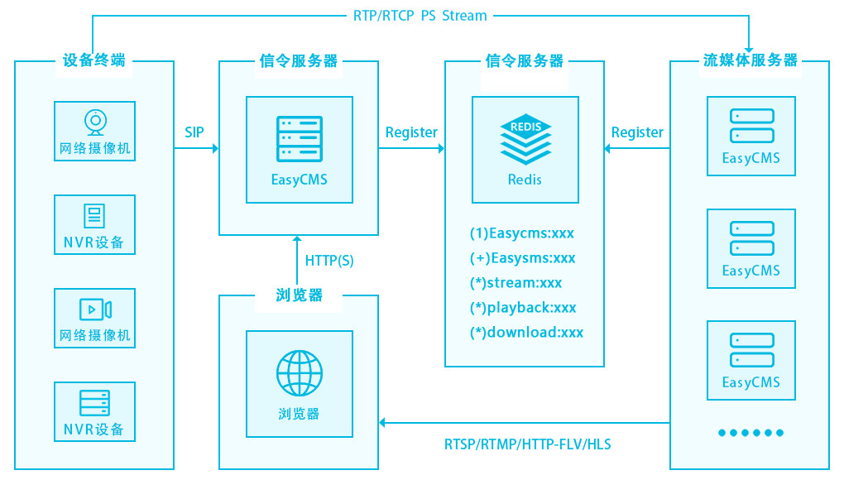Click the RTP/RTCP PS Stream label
(x=421, y=16)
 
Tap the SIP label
(x=194, y=132)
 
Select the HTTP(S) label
(x=329, y=261)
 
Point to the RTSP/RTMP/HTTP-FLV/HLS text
(x=527, y=444)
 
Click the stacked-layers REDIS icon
(x=525, y=139)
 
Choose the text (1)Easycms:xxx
(x=522, y=233)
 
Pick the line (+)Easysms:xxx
(x=522, y=257)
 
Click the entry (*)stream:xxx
(x=516, y=282)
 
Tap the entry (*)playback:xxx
(x=523, y=307)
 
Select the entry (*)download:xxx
(x=526, y=332)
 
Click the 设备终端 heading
(x=94, y=60)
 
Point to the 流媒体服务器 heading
(x=750, y=60)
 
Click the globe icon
(x=300, y=372)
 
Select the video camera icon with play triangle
(x=95, y=310)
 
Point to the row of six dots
(x=750, y=433)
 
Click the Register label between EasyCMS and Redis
(x=411, y=132)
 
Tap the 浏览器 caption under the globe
(x=300, y=414)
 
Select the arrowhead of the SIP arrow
(x=214, y=149)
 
